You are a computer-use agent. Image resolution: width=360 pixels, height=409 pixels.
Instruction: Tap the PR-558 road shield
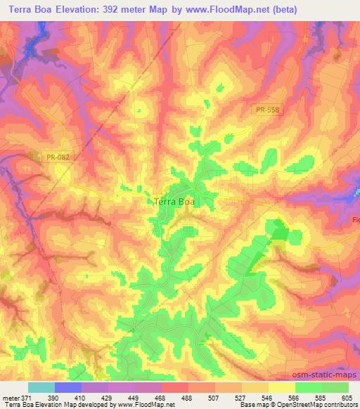(267, 110)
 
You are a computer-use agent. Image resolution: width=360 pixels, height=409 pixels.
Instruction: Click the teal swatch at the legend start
(41, 387)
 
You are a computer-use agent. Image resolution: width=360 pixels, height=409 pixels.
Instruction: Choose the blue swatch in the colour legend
(68, 387)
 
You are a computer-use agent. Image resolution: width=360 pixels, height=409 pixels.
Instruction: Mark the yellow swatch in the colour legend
(281, 387)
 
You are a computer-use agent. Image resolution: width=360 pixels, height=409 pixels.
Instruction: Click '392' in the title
(112, 10)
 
